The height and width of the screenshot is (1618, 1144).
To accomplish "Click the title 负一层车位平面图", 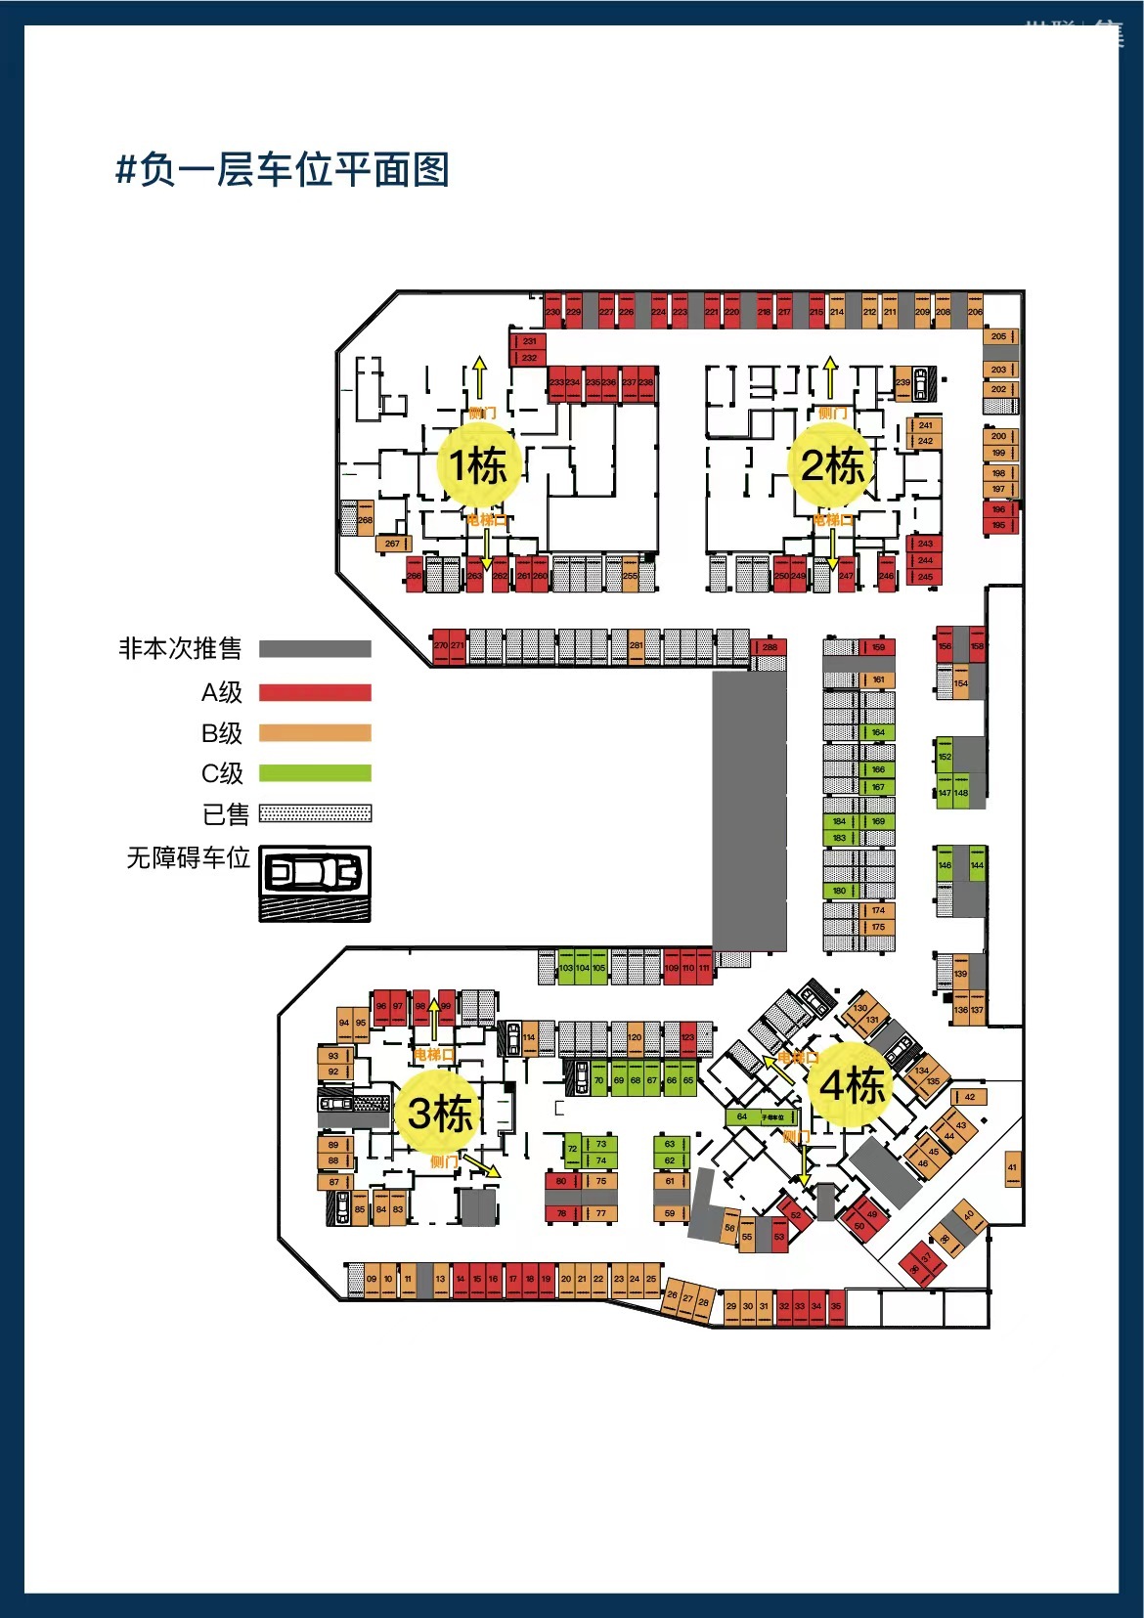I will (x=283, y=170).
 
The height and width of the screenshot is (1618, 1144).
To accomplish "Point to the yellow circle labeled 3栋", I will (x=438, y=1113).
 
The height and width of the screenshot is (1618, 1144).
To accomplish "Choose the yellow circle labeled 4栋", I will (x=852, y=1085).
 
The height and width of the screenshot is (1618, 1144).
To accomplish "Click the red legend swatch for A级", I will (x=315, y=692).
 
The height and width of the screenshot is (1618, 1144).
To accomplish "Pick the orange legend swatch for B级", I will (x=315, y=733).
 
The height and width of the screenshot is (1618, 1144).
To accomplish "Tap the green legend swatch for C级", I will (x=315, y=773).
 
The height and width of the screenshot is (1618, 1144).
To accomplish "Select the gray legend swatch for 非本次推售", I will (x=315, y=649).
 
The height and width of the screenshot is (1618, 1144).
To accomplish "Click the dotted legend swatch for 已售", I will (x=315, y=813).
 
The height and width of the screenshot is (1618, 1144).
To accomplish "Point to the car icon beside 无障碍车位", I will (x=315, y=872).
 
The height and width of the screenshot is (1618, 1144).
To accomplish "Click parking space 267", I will (x=393, y=544).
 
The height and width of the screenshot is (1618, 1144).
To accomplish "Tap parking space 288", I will (x=770, y=647).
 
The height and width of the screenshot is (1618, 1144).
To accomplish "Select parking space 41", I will (x=1012, y=1168).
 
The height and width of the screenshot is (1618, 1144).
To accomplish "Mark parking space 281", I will (x=637, y=646).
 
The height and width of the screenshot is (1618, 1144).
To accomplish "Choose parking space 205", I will (x=998, y=336).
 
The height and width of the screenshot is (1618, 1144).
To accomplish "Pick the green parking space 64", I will (x=742, y=1116).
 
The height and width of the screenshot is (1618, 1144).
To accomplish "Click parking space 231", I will (x=529, y=341).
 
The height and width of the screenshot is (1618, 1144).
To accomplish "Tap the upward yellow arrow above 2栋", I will (x=830, y=376).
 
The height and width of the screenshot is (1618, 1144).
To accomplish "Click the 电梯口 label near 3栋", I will (x=433, y=1055).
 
